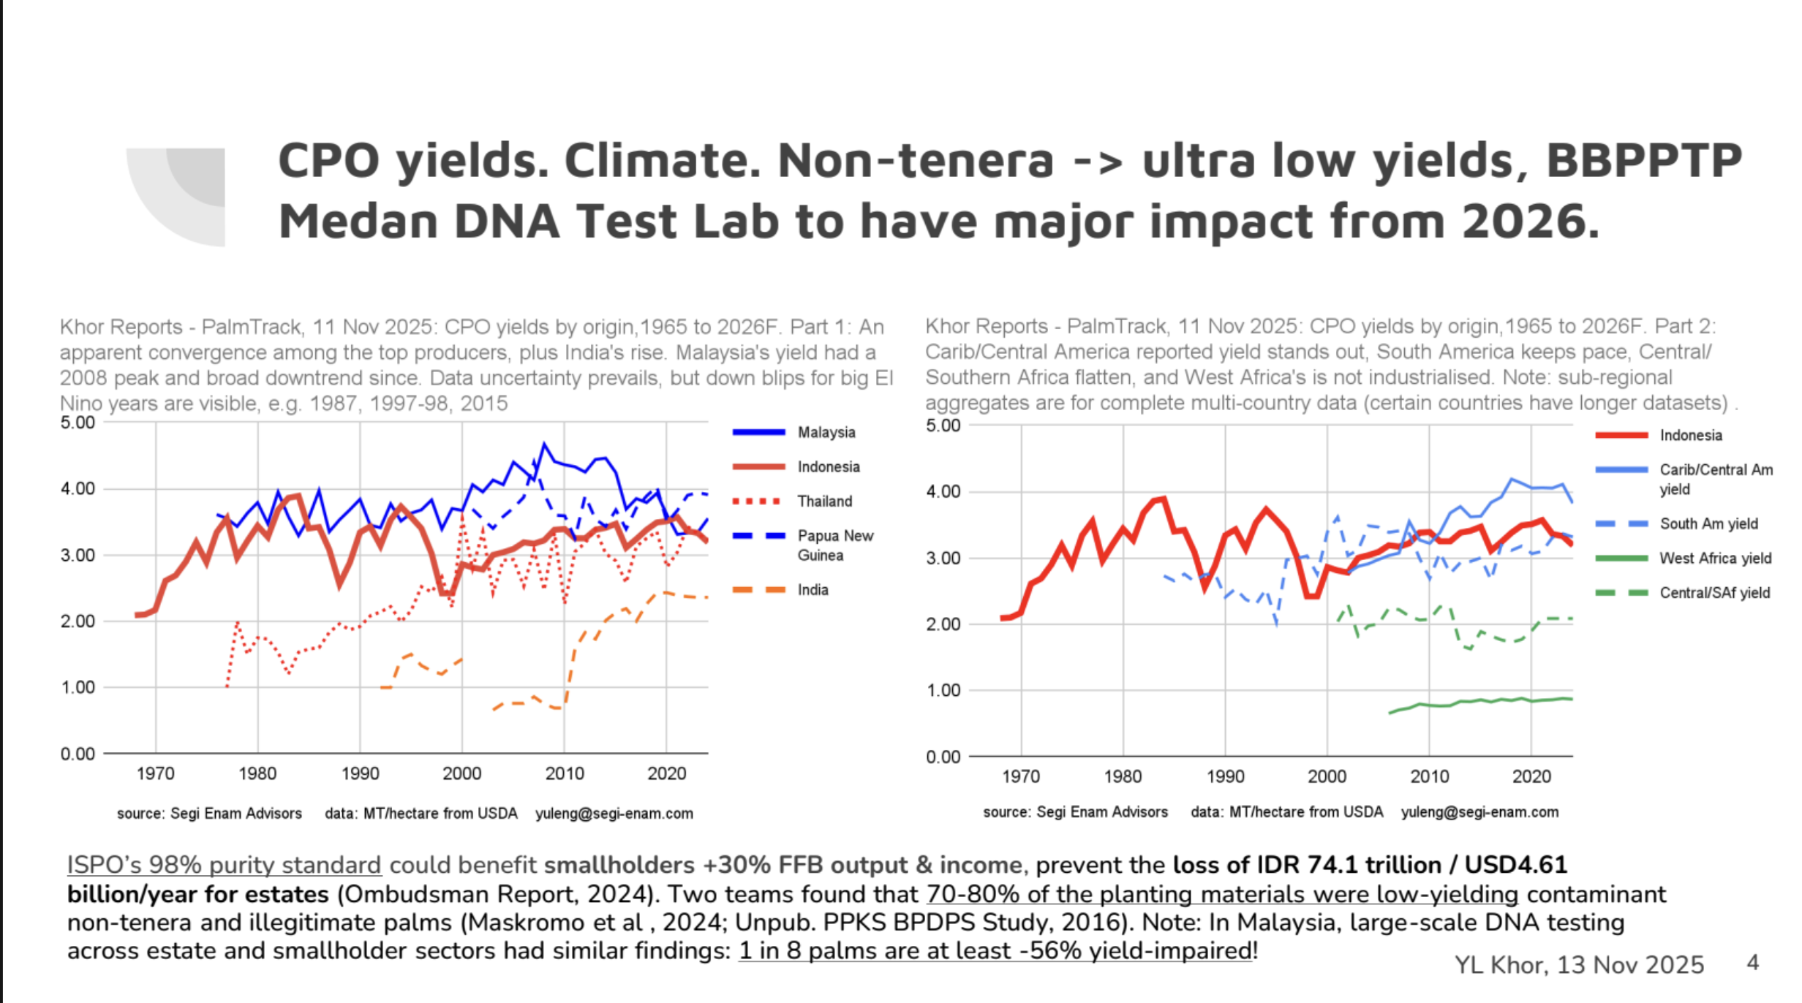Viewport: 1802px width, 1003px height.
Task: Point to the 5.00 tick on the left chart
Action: pos(78,423)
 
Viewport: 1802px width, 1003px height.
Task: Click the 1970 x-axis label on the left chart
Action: pos(155,773)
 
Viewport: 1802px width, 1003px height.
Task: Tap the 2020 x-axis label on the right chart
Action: pos(1531,776)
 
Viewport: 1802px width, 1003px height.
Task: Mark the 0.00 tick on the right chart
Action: pos(943,757)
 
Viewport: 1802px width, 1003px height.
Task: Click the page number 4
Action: pos(1752,962)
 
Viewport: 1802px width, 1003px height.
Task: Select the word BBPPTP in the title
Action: pos(1644,160)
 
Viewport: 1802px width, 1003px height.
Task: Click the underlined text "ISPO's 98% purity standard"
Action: pos(224,865)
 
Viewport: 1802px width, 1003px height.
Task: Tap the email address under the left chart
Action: pos(614,813)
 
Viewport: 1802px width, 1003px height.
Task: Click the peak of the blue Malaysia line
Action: pos(543,443)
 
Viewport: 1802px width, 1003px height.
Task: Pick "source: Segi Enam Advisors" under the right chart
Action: pos(1075,811)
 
